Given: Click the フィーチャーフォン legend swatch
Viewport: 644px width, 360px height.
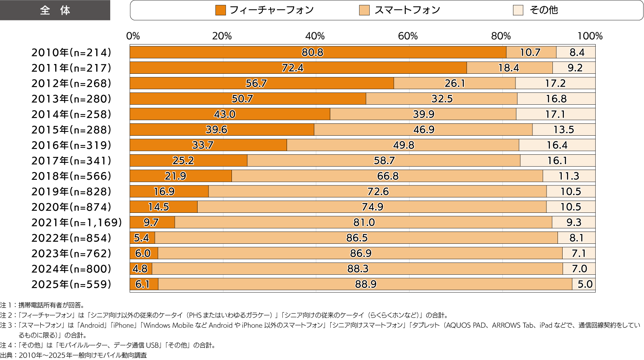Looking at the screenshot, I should pos(220,10).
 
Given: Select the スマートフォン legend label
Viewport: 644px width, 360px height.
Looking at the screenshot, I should pos(407,10).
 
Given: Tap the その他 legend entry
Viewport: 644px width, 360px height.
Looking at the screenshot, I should pos(544,10).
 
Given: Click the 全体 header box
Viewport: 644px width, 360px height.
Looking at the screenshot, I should pos(55,10).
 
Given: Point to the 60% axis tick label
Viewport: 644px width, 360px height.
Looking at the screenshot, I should pos(408,36).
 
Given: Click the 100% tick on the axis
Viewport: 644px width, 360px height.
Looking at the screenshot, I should pos(590,36).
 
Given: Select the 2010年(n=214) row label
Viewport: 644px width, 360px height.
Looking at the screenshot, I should pos(71,53).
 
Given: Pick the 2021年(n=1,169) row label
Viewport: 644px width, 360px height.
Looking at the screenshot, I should pos(77,223).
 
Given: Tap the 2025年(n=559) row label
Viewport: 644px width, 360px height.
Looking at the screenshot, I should pos(71,285).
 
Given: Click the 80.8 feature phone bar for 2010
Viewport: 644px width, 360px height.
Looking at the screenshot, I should pos(313,53).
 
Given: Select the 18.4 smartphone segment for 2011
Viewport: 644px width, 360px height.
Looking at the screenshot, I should pos(509,68).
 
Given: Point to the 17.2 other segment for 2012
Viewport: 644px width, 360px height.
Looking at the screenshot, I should pos(555,84).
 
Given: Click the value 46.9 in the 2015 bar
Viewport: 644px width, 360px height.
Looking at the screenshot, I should pos(424,130).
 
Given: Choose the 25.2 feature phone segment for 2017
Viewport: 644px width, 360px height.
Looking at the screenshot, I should pos(183,161).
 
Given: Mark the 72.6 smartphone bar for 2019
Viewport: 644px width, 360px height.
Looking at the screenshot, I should pos(378,192).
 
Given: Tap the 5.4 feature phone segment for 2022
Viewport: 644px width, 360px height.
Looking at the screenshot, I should pos(142,238).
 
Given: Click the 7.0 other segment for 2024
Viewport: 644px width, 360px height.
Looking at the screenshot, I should pos(579,269).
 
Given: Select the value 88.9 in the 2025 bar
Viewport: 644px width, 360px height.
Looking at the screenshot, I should pos(365,285).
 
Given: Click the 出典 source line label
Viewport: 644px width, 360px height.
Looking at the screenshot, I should pos(7,355).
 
